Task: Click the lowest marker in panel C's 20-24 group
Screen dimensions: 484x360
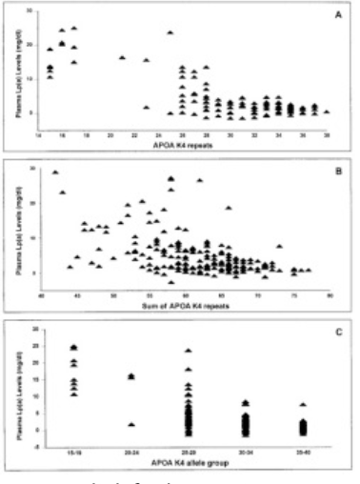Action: tap(130, 424)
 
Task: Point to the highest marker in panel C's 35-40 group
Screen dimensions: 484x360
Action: tap(303, 405)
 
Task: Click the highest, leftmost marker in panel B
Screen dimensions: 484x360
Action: tap(55, 172)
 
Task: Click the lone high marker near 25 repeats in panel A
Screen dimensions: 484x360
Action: tap(170, 32)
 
